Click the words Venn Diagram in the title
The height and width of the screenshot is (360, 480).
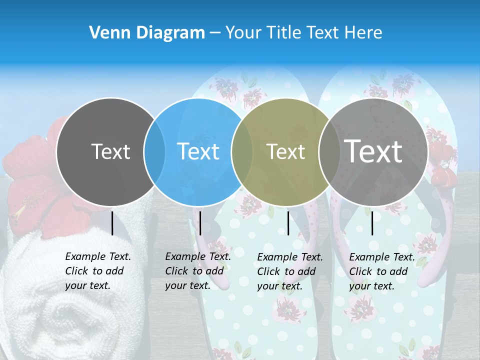pos(147,33)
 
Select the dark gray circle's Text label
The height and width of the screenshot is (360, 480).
pos(110,151)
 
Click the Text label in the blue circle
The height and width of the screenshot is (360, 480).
pos(198,151)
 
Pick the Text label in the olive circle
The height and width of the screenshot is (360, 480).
pos(285,151)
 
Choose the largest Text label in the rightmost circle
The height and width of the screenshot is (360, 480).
pos(373,151)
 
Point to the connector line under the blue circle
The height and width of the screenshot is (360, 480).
pos(200,223)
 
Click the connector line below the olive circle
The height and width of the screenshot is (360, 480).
pos(288,223)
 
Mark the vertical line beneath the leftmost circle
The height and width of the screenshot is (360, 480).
pos(112,223)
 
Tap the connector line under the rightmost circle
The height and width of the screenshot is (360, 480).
pos(372,223)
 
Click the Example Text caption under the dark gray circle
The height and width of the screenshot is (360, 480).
pos(97,271)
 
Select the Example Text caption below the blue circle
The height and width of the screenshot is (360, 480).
pos(197,271)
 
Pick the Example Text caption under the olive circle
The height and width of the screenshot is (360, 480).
pos(289,271)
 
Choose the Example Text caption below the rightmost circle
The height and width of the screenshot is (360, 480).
pos(381,271)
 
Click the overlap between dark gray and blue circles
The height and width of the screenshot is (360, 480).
pos(154,151)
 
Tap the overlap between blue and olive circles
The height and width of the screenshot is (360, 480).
pos(242,151)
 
